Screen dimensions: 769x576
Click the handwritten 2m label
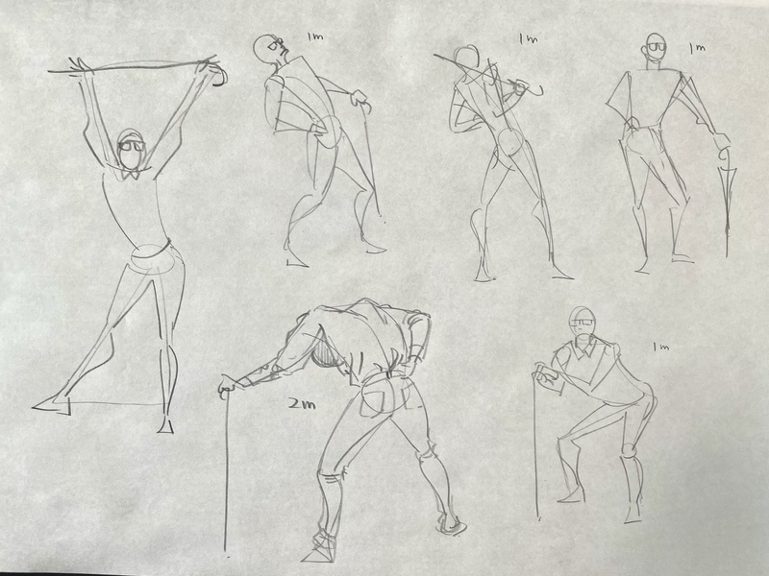tap(301, 404)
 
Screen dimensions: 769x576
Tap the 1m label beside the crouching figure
tap(660, 347)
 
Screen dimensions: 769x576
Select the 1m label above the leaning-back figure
tap(315, 36)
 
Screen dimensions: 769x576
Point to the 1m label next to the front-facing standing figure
tap(697, 48)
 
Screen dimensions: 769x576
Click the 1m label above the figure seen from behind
tap(528, 38)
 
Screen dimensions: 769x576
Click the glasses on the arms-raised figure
tap(132, 145)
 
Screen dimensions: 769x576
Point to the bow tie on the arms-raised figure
tap(131, 173)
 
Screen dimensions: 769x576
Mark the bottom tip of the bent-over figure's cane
tap(226, 550)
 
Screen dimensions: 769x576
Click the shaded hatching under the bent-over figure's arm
tap(326, 353)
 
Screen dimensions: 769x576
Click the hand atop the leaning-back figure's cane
tap(359, 98)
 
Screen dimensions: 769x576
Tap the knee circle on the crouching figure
tap(630, 449)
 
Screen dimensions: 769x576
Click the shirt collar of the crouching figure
tap(586, 348)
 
